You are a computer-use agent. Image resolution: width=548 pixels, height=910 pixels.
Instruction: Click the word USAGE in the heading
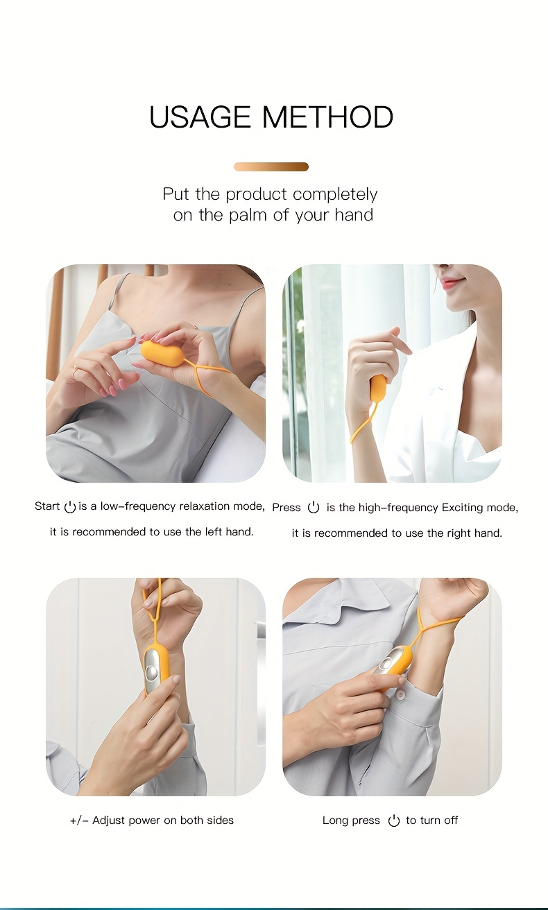200,117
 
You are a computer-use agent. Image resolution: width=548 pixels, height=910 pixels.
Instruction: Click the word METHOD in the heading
327,117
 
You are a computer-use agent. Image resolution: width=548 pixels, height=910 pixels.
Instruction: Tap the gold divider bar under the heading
271,166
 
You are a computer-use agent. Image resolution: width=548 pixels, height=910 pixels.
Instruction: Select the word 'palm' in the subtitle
248,215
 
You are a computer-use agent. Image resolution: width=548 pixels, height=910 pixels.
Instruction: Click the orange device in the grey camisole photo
162,352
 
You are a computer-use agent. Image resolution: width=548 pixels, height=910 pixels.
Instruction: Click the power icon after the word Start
70,506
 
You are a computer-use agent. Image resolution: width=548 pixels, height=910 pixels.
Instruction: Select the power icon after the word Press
314,508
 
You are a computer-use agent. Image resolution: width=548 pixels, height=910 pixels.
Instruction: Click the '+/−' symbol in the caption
79,821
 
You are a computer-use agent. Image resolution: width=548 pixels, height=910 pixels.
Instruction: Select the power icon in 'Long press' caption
393,821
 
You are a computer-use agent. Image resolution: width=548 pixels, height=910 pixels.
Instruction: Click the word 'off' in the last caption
450,821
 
